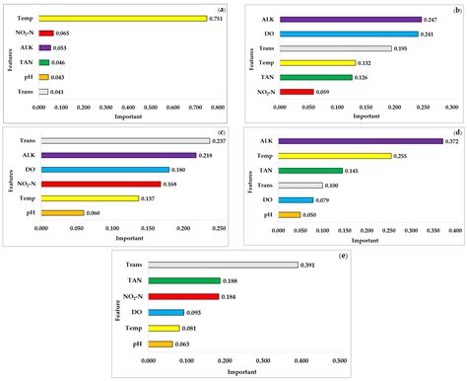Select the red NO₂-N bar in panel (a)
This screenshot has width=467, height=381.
[x=47, y=33]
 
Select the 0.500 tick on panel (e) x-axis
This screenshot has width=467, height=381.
[x=339, y=361]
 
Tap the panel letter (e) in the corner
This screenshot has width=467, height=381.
[x=341, y=257]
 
